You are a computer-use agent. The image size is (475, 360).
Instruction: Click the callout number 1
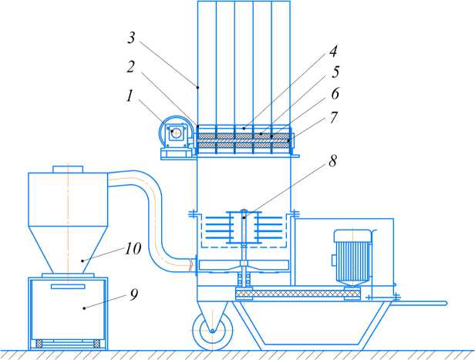tap(130, 96)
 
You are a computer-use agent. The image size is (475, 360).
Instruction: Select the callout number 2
tap(130, 66)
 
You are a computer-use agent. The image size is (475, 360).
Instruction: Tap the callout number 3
tap(131, 38)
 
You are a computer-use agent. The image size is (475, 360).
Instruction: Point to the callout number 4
tap(333, 51)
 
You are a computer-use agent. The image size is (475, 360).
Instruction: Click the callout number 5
tap(335, 72)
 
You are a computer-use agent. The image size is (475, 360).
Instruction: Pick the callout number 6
tap(335, 93)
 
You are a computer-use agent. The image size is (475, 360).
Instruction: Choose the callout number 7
tap(334, 117)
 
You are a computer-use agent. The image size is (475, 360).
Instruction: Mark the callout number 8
tap(333, 161)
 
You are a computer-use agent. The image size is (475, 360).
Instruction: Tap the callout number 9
tap(134, 294)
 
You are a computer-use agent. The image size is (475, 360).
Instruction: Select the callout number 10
tap(133, 249)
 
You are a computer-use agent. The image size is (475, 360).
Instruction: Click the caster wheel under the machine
tap(213, 331)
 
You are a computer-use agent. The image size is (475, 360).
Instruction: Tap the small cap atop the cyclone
tap(68, 170)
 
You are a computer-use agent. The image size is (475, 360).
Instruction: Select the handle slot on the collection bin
tap(68, 287)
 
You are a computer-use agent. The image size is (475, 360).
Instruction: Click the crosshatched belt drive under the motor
tap(298, 294)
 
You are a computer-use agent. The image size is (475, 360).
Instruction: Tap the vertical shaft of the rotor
tap(244, 248)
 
